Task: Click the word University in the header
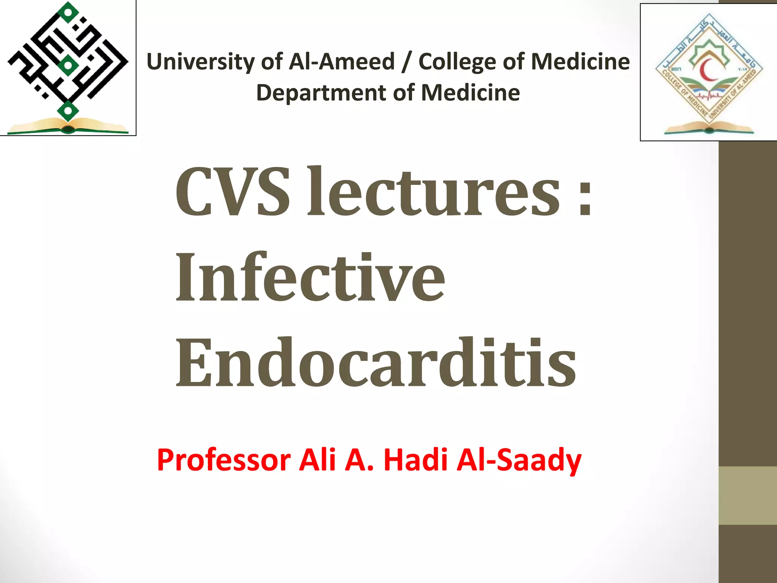201,61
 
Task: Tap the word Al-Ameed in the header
341,61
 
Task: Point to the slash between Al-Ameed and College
406,62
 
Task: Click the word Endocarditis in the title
376,364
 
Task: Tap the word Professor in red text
223,460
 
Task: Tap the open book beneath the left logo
68,126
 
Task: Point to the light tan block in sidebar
747,495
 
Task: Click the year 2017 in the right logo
676,69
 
